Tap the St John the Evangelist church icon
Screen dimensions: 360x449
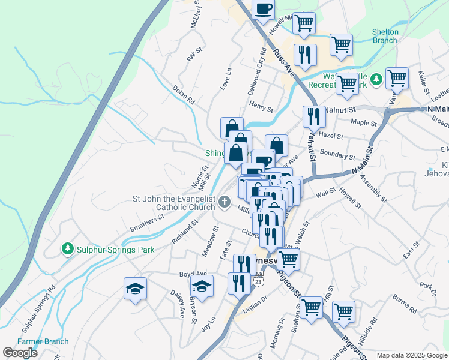[224, 202]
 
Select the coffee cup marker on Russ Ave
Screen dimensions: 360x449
[263, 10]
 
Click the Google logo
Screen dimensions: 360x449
[20, 353]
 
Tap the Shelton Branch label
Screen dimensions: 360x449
[385, 36]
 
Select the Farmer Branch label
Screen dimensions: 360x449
[43, 341]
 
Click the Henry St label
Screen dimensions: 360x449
[261, 107]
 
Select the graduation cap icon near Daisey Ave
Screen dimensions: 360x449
[135, 289]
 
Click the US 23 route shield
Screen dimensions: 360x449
[258, 280]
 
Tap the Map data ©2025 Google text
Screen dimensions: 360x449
[412, 355]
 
